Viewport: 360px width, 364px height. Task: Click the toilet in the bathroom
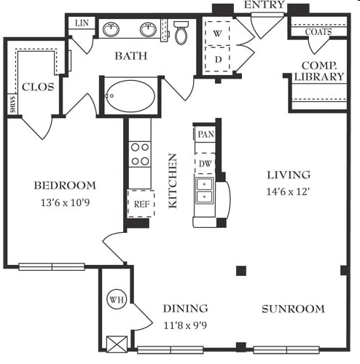(x=181, y=33)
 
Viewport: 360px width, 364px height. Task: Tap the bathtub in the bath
(x=130, y=96)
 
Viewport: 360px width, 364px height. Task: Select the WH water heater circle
(x=117, y=299)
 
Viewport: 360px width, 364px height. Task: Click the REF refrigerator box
(x=141, y=204)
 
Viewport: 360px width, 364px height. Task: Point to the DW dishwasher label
(x=206, y=164)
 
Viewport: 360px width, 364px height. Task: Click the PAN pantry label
(x=206, y=134)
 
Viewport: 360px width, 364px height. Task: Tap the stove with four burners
(x=140, y=154)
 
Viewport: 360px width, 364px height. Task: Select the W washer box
(x=217, y=33)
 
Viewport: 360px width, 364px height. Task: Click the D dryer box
(x=217, y=59)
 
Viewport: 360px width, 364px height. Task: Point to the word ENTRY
(x=264, y=5)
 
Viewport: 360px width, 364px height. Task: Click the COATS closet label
(x=318, y=32)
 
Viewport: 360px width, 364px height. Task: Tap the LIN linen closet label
(x=82, y=23)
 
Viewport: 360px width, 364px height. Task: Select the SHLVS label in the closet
(x=12, y=104)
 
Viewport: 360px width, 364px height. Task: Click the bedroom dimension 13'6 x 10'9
(x=65, y=202)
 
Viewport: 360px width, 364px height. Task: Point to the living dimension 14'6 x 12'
(x=288, y=191)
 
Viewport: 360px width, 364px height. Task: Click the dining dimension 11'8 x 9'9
(x=185, y=325)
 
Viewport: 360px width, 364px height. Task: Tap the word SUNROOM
(x=293, y=309)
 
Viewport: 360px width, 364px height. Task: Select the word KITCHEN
(x=173, y=181)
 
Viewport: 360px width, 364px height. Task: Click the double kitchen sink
(x=205, y=191)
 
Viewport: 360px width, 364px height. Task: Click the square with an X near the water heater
(x=117, y=344)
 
